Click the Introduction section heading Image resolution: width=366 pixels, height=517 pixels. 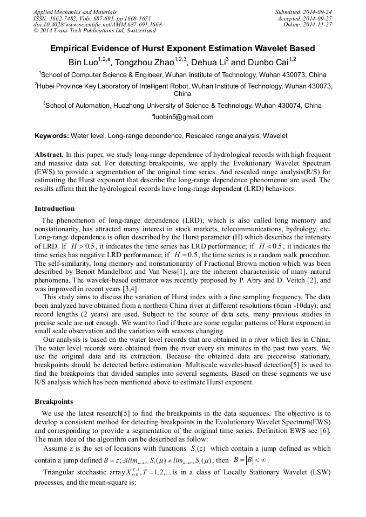pos(55,209)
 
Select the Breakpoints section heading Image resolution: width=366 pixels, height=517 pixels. pos(53,402)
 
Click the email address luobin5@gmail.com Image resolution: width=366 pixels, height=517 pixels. pos(184,116)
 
